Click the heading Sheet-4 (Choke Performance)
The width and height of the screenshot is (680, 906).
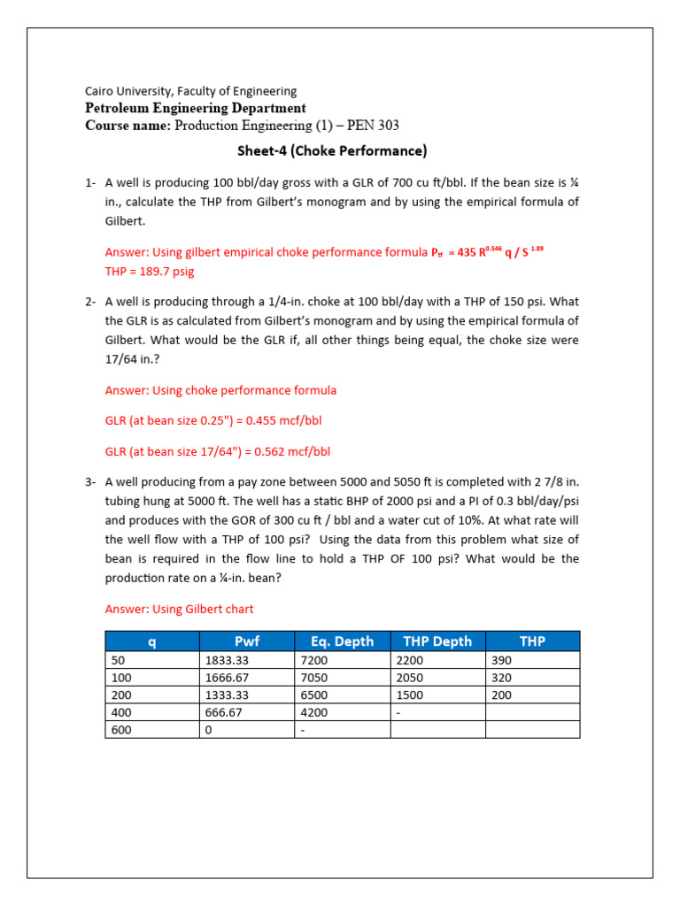tap(332, 151)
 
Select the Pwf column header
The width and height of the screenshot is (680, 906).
tap(246, 641)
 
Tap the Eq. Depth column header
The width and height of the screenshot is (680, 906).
tap(342, 641)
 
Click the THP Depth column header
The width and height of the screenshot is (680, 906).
tap(437, 641)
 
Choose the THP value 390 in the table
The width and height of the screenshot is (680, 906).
tap(502, 660)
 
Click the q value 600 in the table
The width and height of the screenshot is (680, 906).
tap(120, 730)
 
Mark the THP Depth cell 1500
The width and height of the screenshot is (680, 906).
tap(410, 695)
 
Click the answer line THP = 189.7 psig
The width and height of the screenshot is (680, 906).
tap(155, 271)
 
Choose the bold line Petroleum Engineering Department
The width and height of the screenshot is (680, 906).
tap(195, 108)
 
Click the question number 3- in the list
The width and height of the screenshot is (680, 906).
tap(90, 482)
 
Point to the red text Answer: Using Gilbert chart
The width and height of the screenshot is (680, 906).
tap(179, 609)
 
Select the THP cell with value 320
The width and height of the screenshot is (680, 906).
tap(502, 678)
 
